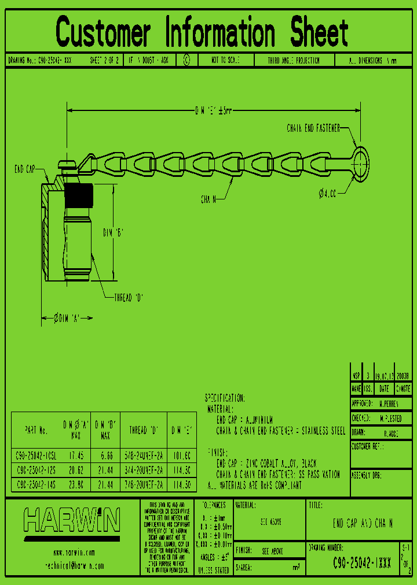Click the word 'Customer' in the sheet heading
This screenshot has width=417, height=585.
tap(104, 32)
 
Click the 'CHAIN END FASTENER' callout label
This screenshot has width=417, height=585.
tap(313, 128)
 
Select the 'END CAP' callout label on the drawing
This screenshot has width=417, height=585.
tap(25, 169)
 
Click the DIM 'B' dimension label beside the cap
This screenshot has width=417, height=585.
tap(114, 232)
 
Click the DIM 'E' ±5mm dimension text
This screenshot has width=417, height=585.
tap(213, 110)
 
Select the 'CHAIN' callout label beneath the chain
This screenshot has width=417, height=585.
tap(209, 199)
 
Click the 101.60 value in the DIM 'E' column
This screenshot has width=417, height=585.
tap(181, 454)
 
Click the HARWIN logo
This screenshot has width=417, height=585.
tap(72, 520)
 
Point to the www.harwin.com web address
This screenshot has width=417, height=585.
tap(74, 553)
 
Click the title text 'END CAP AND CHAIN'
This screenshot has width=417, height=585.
tap(363, 524)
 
